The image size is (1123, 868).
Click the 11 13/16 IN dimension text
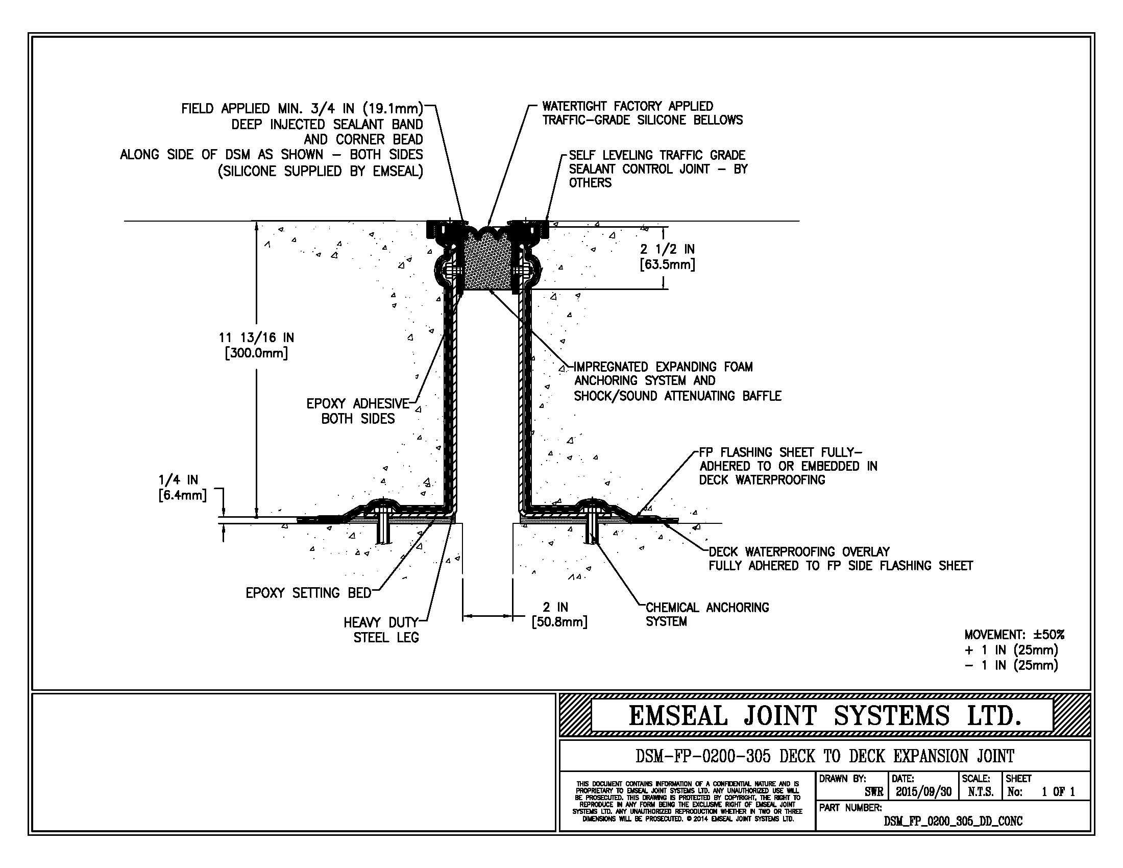pos(256,345)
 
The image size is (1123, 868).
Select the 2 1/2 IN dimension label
pos(667,257)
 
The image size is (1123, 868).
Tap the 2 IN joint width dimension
pos(559,614)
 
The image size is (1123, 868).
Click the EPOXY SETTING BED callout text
pos(308,593)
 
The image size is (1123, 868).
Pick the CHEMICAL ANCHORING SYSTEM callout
pos(706,614)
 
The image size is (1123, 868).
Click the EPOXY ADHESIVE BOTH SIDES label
pos(358,411)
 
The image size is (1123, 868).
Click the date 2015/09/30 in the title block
pos(923,792)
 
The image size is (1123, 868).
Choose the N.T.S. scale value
pos(981,792)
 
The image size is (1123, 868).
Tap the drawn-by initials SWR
pos(873,792)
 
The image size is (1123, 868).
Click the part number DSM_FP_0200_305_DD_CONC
pos(953,821)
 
